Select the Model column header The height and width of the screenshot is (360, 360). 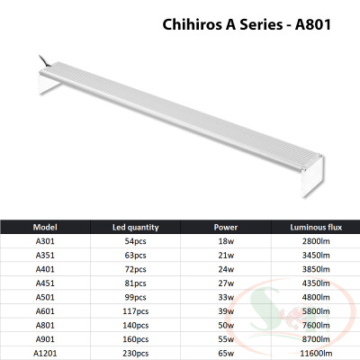pyautogui.click(x=45, y=227)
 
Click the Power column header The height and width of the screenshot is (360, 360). pyautogui.click(x=225, y=227)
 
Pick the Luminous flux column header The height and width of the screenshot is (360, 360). pyautogui.click(x=314, y=227)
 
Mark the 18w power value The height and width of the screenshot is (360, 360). pyautogui.click(x=225, y=242)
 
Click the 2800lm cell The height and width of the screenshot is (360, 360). pyautogui.click(x=314, y=242)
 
